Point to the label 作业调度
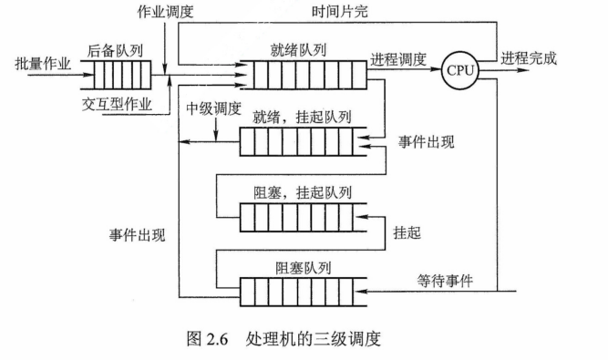click(x=166, y=13)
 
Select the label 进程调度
click(x=398, y=59)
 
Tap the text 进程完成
click(x=530, y=59)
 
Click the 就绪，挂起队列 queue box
click(x=303, y=143)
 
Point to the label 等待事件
click(x=446, y=281)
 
